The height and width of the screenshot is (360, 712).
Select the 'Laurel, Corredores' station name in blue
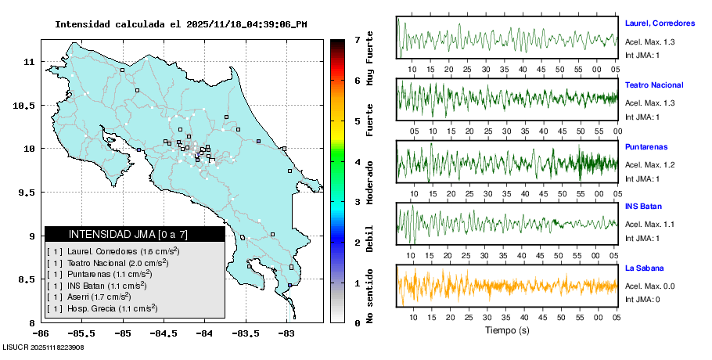(x=660, y=23)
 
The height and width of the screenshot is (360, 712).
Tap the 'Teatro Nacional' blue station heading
(x=654, y=85)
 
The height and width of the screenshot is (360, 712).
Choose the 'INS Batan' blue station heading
(x=644, y=207)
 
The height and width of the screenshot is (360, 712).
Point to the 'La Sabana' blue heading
(x=644, y=268)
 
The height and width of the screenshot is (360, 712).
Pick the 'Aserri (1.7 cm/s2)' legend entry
(x=99, y=297)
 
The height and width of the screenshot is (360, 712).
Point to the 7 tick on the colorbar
(x=357, y=39)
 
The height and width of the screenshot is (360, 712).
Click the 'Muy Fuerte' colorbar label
(x=370, y=59)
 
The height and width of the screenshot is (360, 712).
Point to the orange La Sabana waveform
(x=507, y=285)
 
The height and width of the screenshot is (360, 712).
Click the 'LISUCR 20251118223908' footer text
(x=43, y=347)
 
